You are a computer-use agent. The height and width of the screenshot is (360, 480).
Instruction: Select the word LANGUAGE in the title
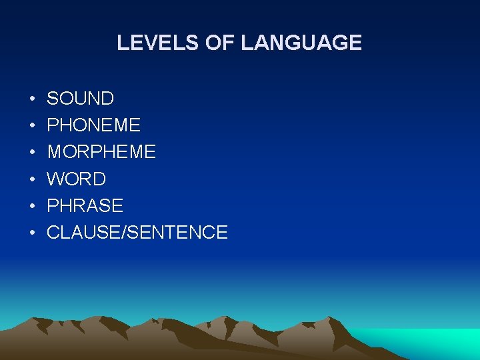pos(301,43)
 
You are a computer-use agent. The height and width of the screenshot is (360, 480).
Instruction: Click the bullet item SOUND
pos(80,99)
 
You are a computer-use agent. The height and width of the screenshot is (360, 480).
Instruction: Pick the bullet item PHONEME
pos(93,125)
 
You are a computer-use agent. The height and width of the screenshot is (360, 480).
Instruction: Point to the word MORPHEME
pos(101,152)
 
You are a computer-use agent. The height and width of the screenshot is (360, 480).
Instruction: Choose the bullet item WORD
pos(76,179)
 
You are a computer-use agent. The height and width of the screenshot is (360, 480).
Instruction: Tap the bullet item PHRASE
pos(85,205)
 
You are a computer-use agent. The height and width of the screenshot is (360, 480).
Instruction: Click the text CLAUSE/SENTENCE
pos(137,232)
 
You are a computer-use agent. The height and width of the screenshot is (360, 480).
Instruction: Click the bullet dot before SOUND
pos(32,99)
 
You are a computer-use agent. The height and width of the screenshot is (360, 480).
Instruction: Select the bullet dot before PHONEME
pos(32,126)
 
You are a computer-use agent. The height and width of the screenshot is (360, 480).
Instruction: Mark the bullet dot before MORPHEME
pos(32,153)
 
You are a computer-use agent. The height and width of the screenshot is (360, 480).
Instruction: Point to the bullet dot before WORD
pos(32,179)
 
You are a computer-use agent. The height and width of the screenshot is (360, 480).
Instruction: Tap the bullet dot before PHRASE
pos(32,206)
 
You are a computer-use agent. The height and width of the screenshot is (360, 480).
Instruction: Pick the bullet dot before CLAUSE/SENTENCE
pos(32,233)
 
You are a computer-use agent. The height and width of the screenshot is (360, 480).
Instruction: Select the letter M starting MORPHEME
pos(54,152)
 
